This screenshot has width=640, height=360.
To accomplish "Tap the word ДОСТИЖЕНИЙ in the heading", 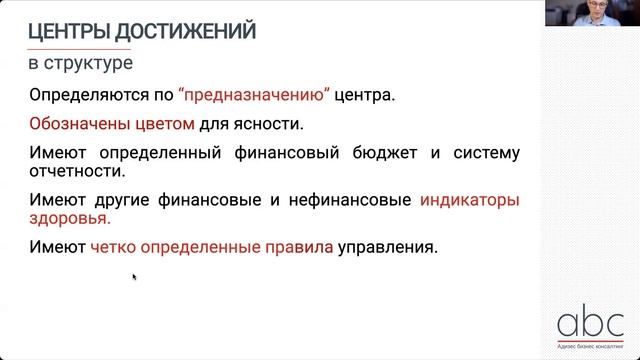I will coord(189,32).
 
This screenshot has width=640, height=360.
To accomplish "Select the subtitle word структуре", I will coord(88,64).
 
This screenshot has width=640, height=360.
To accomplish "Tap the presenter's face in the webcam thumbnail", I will coord(589,12).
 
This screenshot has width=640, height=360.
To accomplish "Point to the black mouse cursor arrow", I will coord(134,277).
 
